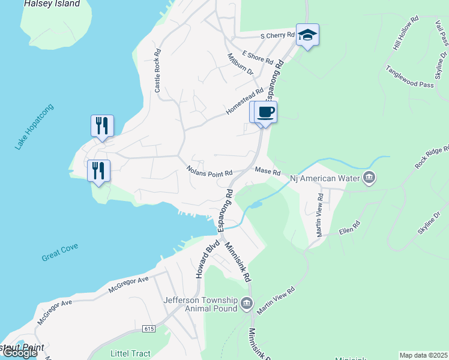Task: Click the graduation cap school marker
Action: click(307, 35)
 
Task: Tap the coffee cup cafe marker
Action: click(266, 112)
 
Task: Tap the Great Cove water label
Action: click(60, 253)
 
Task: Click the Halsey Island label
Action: click(52, 4)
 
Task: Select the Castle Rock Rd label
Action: click(158, 71)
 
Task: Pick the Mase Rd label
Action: click(268, 172)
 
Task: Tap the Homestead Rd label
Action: click(245, 103)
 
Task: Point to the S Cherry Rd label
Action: click(277, 36)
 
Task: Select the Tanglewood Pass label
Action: click(410, 77)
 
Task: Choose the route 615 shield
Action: click(149, 329)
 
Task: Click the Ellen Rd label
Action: click(349, 229)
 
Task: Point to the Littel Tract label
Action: click(130, 353)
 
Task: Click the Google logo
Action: click(20, 353)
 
